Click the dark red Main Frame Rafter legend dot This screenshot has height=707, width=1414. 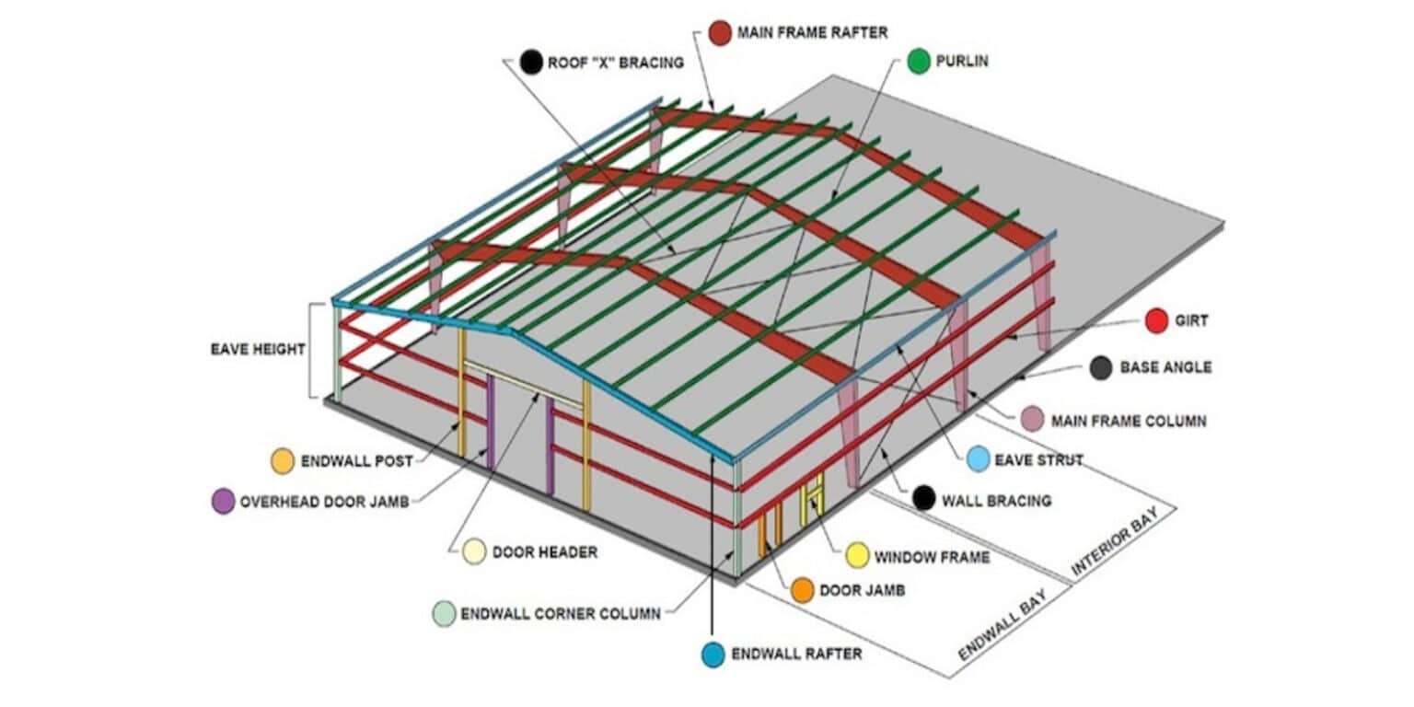(x=721, y=33)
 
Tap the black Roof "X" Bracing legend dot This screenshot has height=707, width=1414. (x=530, y=63)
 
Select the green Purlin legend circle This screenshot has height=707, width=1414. (x=919, y=62)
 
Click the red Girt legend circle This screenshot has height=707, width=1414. (x=1157, y=321)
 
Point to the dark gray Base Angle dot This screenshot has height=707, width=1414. (x=1101, y=368)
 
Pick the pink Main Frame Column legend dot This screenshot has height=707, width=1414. (x=1033, y=420)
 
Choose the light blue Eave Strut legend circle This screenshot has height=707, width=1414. (x=979, y=458)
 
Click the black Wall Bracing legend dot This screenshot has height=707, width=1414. (x=924, y=500)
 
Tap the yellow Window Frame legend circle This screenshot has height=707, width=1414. (x=857, y=555)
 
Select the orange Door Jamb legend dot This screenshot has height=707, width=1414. (x=803, y=590)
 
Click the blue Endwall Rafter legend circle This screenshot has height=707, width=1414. (x=713, y=655)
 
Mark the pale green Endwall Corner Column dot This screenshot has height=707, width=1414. (x=444, y=614)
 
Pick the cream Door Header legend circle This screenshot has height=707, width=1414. (x=474, y=551)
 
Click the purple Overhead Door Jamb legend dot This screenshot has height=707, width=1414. (x=223, y=502)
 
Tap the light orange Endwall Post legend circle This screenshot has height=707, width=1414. (x=283, y=460)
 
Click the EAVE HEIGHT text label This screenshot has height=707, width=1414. (x=258, y=349)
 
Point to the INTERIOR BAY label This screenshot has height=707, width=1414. (x=1124, y=541)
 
